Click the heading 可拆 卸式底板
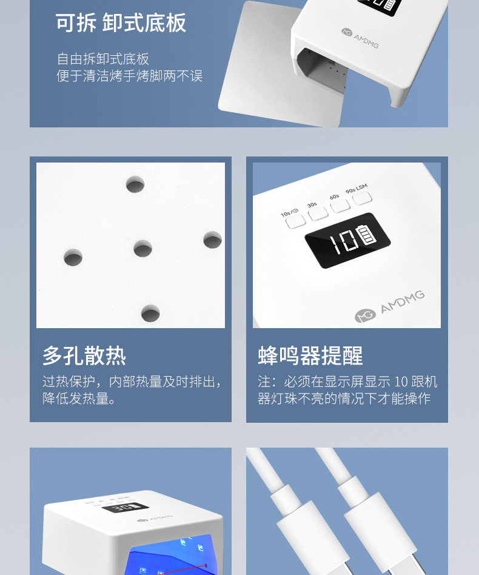point(121,22)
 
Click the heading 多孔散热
point(84,355)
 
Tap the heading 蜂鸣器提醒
point(310,355)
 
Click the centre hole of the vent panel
point(143,249)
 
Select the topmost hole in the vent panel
point(135,184)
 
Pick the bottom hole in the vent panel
point(150,313)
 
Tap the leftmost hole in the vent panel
point(73,257)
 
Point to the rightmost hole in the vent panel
point(213,240)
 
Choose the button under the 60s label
point(340,206)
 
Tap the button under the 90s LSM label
point(362,198)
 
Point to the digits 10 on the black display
point(343,243)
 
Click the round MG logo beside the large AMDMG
point(365,315)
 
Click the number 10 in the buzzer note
point(401,382)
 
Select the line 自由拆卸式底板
point(103,59)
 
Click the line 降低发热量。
point(79,398)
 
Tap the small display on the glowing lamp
point(125,508)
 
